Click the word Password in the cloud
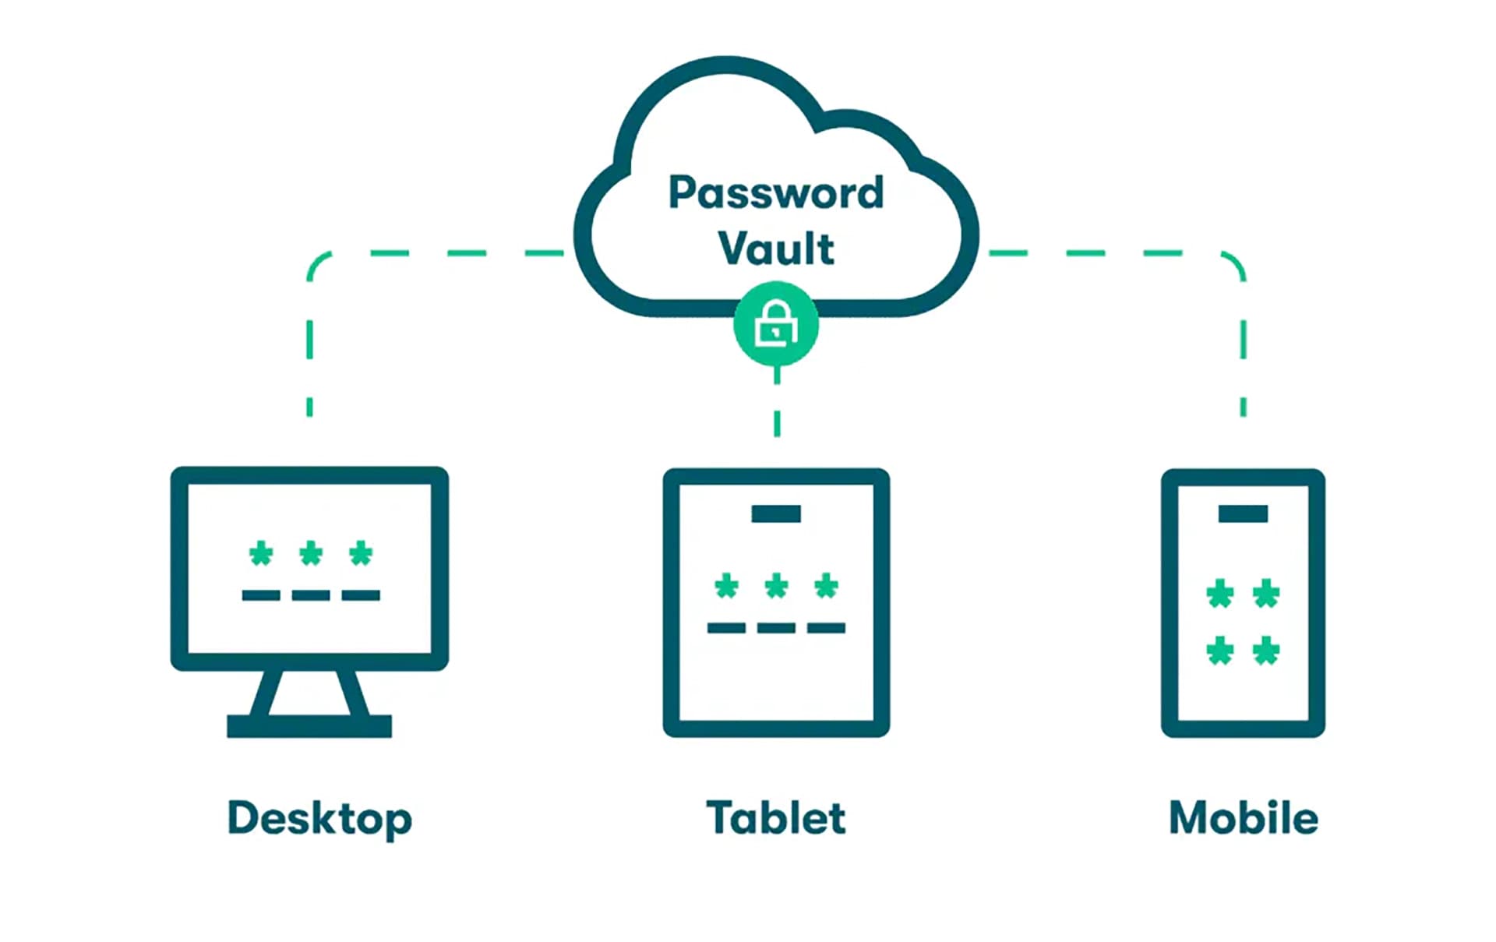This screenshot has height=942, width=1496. pos(776,192)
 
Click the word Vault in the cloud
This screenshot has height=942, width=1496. pos(776,249)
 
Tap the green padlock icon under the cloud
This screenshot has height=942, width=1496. pos(776,324)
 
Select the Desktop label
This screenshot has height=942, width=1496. pos(319,818)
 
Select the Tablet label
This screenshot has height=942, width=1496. pos(776,818)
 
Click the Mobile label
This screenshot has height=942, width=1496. pos(1244,818)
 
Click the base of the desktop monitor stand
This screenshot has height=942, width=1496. pos(309,726)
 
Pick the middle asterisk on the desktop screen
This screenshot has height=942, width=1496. pos(311,554)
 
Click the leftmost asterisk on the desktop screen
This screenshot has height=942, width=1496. pos(261,554)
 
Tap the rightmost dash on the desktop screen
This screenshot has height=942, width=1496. pos(361,595)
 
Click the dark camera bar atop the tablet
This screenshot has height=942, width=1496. pos(776,513)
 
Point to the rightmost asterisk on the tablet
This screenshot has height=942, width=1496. pos(826,586)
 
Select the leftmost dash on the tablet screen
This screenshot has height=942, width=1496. pos(726,628)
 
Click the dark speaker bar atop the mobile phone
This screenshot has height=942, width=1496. pos(1243,513)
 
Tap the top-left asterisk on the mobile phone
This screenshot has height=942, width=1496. pos(1220,594)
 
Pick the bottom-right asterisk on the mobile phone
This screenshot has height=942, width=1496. pos(1266,651)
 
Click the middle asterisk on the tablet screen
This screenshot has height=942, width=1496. pos(776,586)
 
